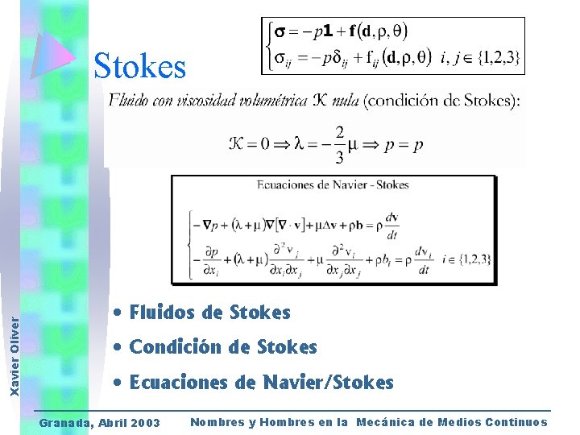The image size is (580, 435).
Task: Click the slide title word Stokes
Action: click(x=139, y=66)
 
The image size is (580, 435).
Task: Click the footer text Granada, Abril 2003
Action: click(x=100, y=423)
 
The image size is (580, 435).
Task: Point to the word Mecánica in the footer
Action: click(x=394, y=422)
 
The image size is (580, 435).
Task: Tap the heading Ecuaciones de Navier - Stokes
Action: click(x=333, y=185)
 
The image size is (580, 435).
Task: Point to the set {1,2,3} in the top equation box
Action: click(x=497, y=57)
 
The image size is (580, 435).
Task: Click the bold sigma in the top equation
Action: click(x=277, y=32)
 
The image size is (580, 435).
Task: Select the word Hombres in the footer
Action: click(x=283, y=422)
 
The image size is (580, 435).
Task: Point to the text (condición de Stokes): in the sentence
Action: click(x=442, y=101)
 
